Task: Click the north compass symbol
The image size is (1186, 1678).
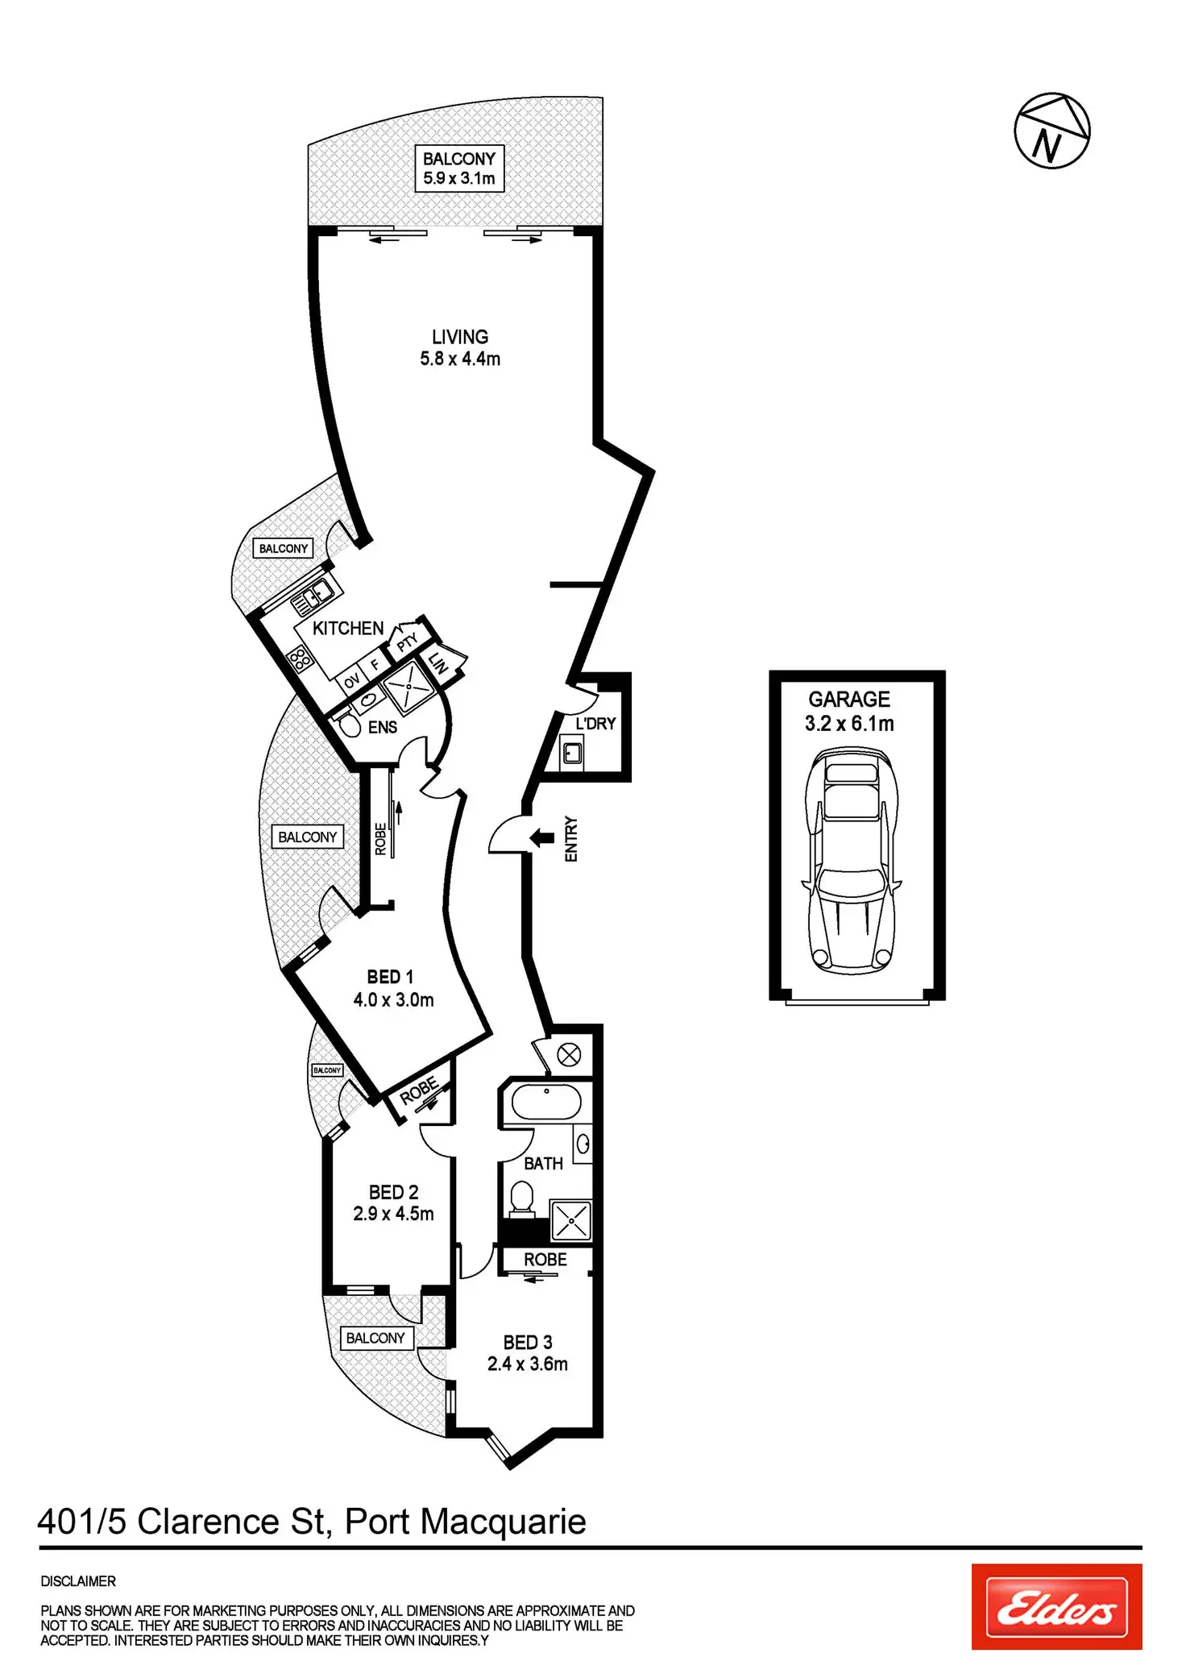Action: pyautogui.click(x=1051, y=131)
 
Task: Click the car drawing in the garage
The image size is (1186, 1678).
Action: pyautogui.click(x=852, y=860)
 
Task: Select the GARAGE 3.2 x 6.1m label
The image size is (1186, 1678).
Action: pyautogui.click(x=849, y=712)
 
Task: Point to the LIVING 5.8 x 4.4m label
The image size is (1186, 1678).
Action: pyautogui.click(x=460, y=348)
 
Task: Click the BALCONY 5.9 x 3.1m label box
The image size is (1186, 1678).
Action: pyautogui.click(x=459, y=168)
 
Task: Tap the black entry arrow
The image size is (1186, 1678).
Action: pyautogui.click(x=541, y=838)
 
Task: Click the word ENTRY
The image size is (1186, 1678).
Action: pyautogui.click(x=571, y=839)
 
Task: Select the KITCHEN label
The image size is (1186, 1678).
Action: pyautogui.click(x=348, y=629)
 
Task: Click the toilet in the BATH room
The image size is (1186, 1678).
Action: pyautogui.click(x=522, y=1198)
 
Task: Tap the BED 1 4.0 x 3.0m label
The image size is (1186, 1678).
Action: pyautogui.click(x=393, y=989)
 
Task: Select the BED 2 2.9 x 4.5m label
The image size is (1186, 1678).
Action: pyautogui.click(x=393, y=1203)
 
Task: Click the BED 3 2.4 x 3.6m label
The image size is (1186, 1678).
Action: pyautogui.click(x=528, y=1353)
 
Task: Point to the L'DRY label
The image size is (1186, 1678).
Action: pyautogui.click(x=595, y=724)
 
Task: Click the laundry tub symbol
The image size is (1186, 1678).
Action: pyautogui.click(x=572, y=754)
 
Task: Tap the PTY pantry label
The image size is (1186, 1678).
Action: pyautogui.click(x=408, y=642)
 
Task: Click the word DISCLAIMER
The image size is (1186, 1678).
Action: pyautogui.click(x=78, y=1581)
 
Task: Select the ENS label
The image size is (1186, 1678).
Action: pyautogui.click(x=383, y=728)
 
